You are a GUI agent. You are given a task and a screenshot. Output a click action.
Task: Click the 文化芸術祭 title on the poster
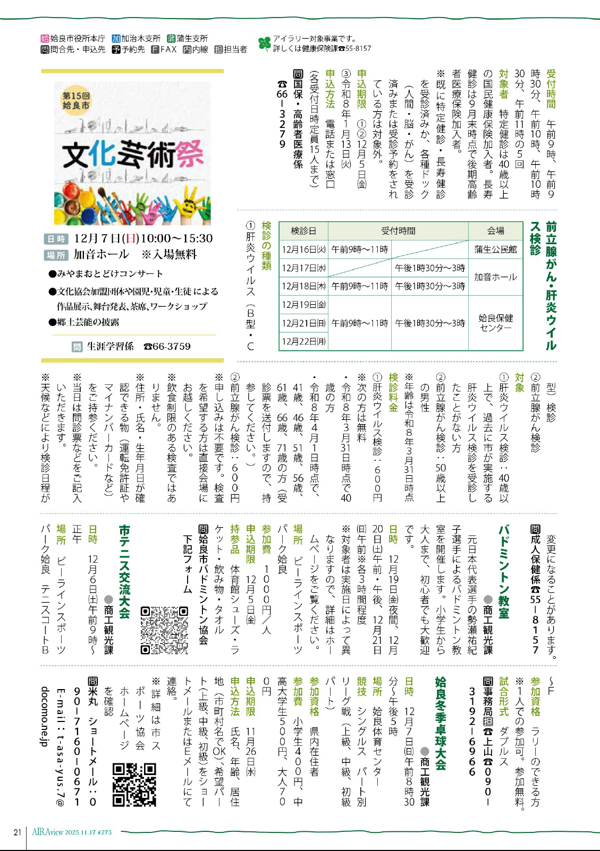coord(132,154)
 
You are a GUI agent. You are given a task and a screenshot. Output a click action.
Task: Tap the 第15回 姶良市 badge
coord(76,100)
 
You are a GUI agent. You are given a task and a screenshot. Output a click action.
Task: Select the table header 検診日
coord(303,231)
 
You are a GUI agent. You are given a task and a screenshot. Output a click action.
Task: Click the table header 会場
coord(495,231)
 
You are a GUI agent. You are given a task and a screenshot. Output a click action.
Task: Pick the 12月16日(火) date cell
coord(303,250)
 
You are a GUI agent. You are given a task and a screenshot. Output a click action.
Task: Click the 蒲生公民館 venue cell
coord(495,250)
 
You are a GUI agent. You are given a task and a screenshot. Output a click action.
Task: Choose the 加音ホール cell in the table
coord(495,277)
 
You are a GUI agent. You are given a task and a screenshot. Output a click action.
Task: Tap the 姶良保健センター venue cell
coord(495,323)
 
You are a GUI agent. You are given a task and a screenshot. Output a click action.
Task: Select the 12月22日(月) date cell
coord(303,341)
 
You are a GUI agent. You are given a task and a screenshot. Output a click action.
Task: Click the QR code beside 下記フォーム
coord(164,630)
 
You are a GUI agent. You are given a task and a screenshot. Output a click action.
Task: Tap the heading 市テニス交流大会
coord(124,572)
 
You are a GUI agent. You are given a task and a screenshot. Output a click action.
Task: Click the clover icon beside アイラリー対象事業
coord(264,44)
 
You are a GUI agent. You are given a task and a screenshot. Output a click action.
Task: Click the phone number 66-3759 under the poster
coord(167,347)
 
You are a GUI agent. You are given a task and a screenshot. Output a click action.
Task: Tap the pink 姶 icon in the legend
coord(45,38)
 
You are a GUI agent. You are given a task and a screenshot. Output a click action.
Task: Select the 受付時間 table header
coord(398,231)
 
